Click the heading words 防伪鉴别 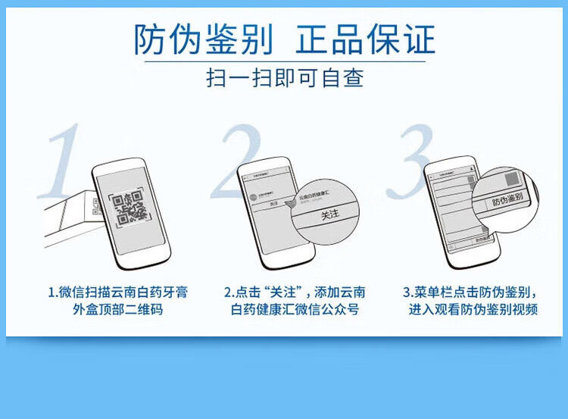(203, 39)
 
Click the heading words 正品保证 (366, 39)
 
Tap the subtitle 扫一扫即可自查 (285, 78)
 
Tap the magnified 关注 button (330, 215)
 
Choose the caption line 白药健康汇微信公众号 (295, 309)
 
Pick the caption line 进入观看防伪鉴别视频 (473, 309)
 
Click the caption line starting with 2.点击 (295, 292)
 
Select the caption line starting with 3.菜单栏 (471, 292)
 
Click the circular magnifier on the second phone (326, 211)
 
